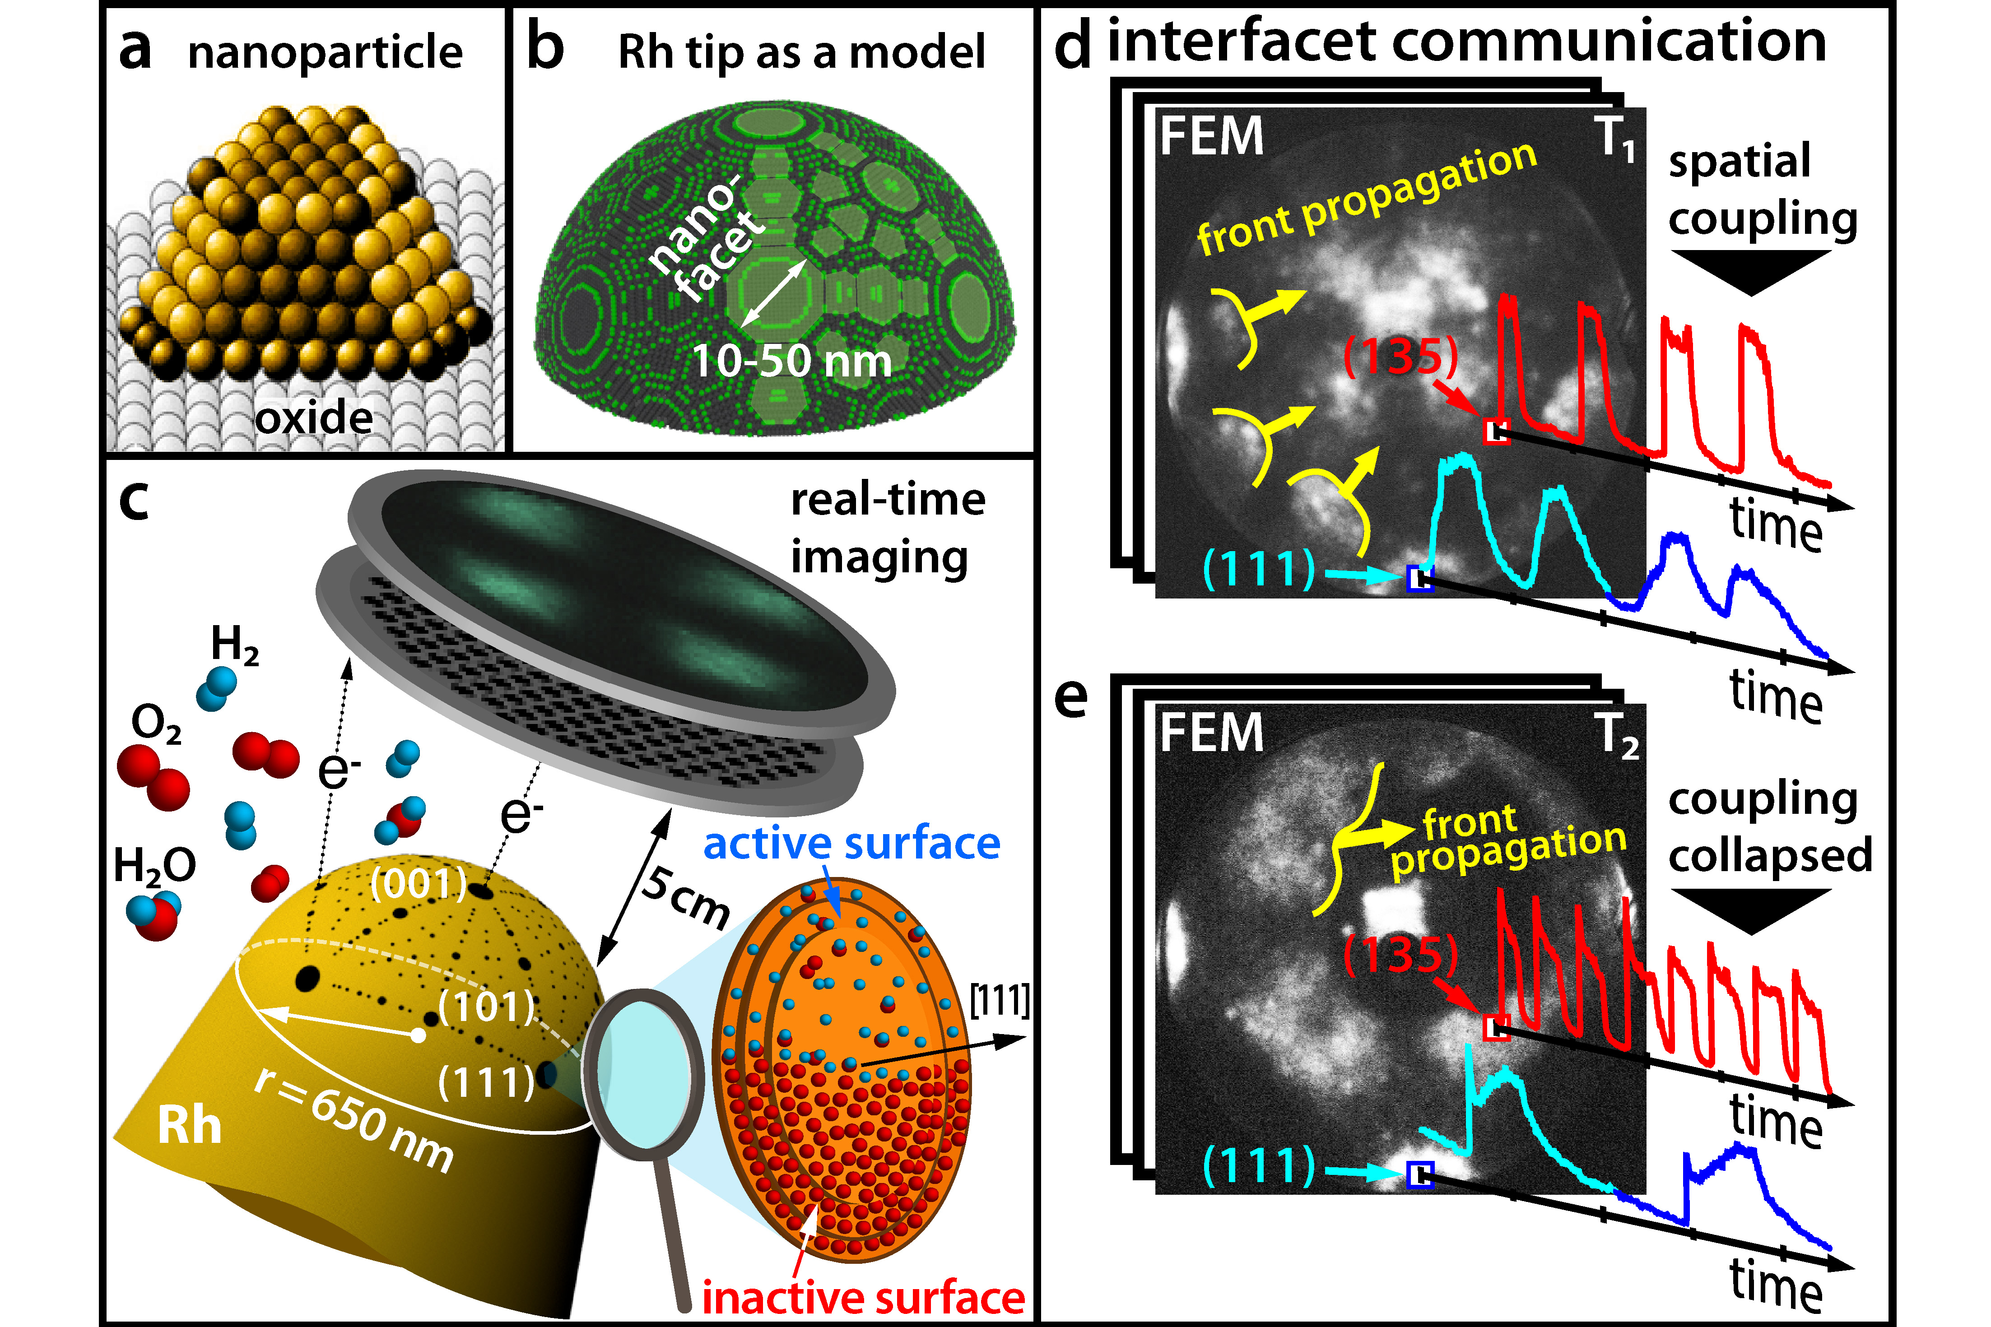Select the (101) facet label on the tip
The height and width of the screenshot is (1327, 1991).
487,1007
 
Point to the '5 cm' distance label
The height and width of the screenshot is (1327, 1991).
686,897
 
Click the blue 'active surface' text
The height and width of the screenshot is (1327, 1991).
851,844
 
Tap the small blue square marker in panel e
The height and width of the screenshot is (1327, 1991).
1419,1174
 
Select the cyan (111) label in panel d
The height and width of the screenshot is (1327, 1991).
1259,569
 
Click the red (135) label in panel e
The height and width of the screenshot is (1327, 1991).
1401,955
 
